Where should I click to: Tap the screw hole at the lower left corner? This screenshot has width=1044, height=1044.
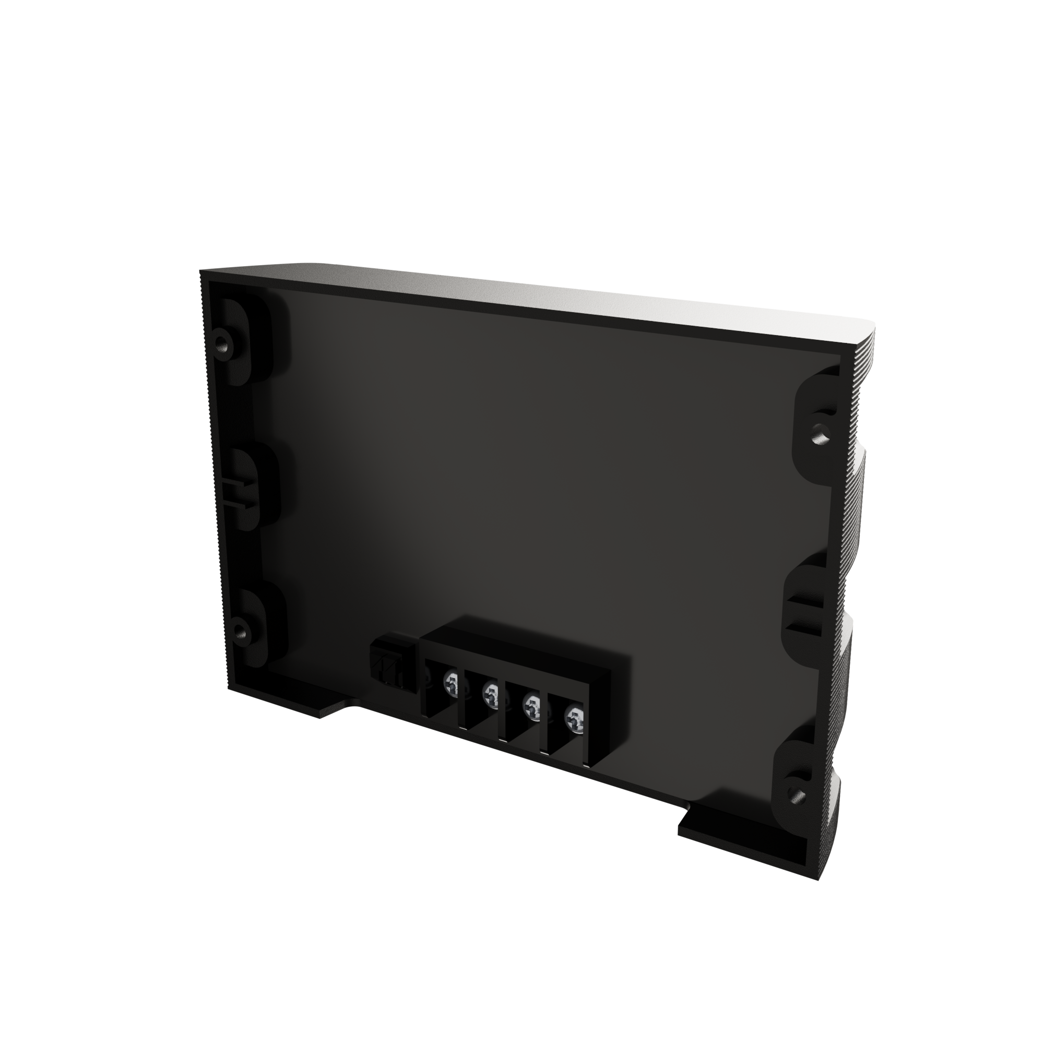(x=239, y=631)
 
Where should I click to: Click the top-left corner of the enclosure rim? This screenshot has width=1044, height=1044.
(x=203, y=272)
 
